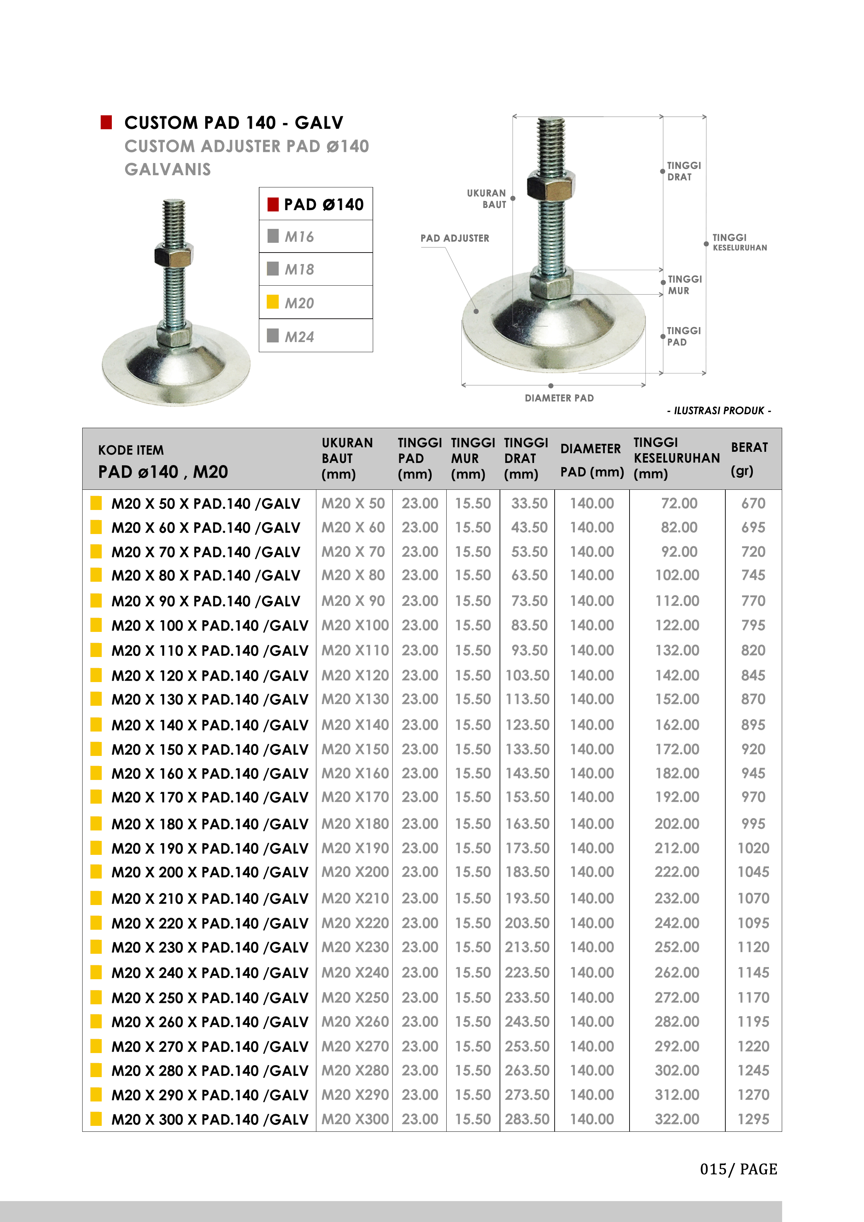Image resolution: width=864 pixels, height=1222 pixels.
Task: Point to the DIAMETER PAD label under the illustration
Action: (x=559, y=398)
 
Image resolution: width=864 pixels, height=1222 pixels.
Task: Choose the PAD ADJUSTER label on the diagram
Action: (x=455, y=238)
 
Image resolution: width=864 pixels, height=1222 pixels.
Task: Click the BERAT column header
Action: (x=749, y=448)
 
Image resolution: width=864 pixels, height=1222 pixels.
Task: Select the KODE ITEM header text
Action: (x=131, y=450)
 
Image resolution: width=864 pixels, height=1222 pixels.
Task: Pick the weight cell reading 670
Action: (x=753, y=503)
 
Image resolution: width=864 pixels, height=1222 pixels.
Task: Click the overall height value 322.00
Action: (x=677, y=1119)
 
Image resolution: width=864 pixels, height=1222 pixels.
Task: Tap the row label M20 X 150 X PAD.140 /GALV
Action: (x=210, y=749)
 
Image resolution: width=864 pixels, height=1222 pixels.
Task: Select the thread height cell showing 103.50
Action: (x=527, y=675)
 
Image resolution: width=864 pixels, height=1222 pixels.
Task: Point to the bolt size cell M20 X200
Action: (x=355, y=872)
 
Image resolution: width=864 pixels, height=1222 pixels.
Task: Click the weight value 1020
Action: (x=753, y=848)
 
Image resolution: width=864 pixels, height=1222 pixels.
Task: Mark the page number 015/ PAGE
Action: (x=738, y=1169)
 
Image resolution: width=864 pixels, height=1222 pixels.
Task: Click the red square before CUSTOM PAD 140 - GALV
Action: (x=107, y=122)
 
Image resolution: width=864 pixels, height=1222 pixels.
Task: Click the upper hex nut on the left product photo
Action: (x=173, y=255)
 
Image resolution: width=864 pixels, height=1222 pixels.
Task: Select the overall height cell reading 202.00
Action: (x=677, y=824)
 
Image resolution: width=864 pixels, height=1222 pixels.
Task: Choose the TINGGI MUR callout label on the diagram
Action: (x=684, y=285)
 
